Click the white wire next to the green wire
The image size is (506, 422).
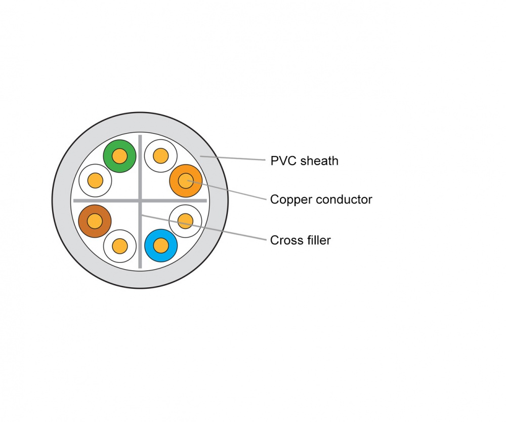click(95, 180)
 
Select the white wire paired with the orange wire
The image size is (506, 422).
click(160, 155)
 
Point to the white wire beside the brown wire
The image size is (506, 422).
click(119, 246)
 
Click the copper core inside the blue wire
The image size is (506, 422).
click(161, 246)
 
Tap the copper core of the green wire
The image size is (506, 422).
click(120, 156)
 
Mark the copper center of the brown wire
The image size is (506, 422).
click(95, 221)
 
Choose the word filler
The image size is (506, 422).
click(317, 240)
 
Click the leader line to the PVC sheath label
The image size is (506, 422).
click(238, 159)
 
